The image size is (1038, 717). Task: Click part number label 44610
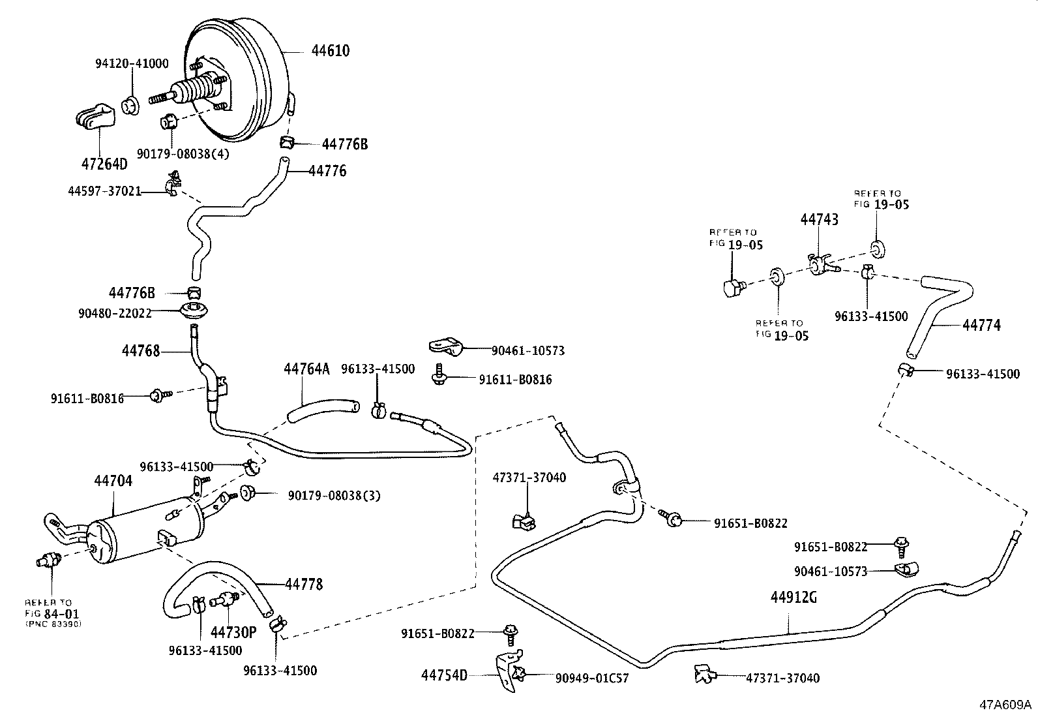tap(330, 51)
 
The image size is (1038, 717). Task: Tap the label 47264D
tap(104, 164)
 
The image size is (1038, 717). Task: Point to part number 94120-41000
tap(132, 63)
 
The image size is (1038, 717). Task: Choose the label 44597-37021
tap(104, 191)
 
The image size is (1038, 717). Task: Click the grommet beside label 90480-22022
tap(194, 311)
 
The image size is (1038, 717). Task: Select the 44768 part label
tap(140, 351)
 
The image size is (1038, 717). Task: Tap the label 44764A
tap(306, 369)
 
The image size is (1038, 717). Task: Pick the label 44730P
tap(232, 631)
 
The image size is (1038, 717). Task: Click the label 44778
tap(304, 584)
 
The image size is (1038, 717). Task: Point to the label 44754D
tap(444, 675)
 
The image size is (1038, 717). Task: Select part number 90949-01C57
tap(592, 678)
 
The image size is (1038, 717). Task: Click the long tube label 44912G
tap(793, 597)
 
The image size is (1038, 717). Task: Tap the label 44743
tap(820, 220)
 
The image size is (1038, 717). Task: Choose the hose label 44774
tap(981, 325)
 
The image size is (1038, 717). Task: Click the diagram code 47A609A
tap(1004, 705)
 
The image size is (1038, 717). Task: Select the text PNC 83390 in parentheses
tap(53, 624)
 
